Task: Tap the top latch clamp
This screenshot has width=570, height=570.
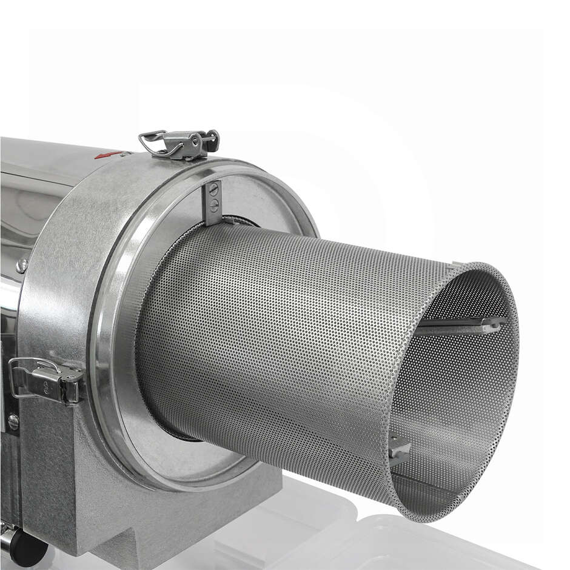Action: [182, 143]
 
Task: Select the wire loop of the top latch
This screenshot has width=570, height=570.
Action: [152, 142]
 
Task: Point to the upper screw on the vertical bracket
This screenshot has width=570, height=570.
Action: [212, 189]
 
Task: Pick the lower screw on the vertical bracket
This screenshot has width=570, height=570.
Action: [212, 204]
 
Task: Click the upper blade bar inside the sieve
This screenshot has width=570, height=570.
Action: [461, 326]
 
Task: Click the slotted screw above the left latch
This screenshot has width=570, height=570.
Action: [22, 265]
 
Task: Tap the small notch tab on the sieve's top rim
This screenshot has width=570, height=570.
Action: [457, 264]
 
